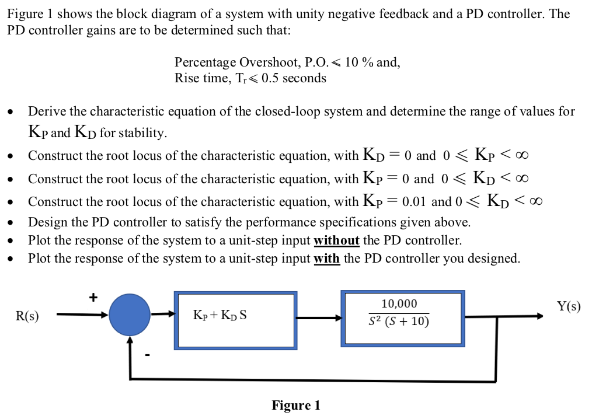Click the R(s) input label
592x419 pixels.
(27, 316)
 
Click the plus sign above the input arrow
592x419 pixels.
(93, 298)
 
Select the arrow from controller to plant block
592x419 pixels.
(319, 318)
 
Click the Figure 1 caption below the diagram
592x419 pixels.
(295, 405)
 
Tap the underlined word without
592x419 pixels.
(336, 240)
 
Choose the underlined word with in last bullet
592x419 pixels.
(327, 259)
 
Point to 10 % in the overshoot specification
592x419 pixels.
(359, 62)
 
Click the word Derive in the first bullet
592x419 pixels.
(45, 111)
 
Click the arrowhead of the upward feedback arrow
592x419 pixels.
(130, 340)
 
